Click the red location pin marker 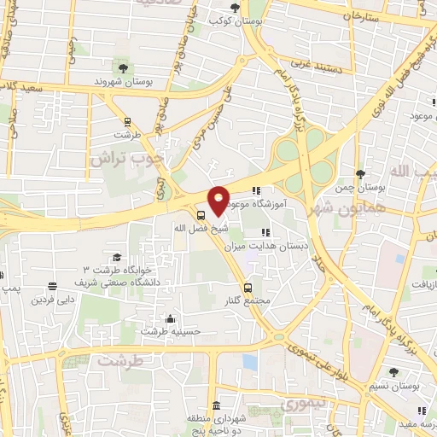point(219,200)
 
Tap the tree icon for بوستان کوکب point(235,9)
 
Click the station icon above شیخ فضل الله point(200,215)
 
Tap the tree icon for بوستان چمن point(360,173)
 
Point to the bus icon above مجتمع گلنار point(248,287)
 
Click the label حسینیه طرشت point(171,330)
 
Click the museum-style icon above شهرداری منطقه point(216,405)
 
